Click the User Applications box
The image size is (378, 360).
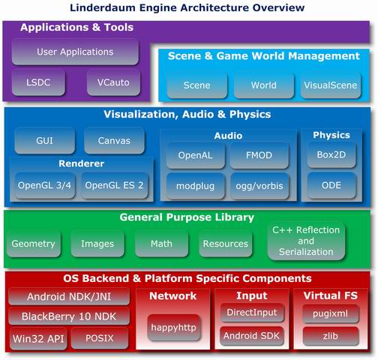[75, 52]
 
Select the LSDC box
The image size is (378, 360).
[38, 82]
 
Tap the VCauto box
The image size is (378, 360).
[113, 82]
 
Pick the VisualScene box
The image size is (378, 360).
[331, 85]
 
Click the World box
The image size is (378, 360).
[264, 85]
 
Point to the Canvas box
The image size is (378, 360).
[114, 140]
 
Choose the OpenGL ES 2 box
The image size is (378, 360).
[114, 185]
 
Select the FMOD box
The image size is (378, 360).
[259, 155]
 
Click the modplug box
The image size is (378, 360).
[196, 186]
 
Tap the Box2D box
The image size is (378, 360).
[331, 154]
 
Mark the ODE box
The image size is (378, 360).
[331, 185]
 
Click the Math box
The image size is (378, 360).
[161, 244]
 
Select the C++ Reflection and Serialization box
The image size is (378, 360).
[306, 241]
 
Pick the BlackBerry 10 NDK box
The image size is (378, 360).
[69, 316]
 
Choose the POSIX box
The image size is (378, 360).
[100, 338]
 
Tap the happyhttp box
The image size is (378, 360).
[173, 328]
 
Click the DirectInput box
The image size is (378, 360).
[252, 313]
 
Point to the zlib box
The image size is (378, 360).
[331, 336]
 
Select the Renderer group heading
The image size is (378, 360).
[82, 163]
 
